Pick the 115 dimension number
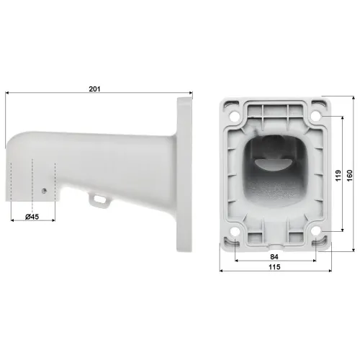point(273,266)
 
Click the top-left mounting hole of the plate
point(233,115)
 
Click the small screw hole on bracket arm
point(45,191)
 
